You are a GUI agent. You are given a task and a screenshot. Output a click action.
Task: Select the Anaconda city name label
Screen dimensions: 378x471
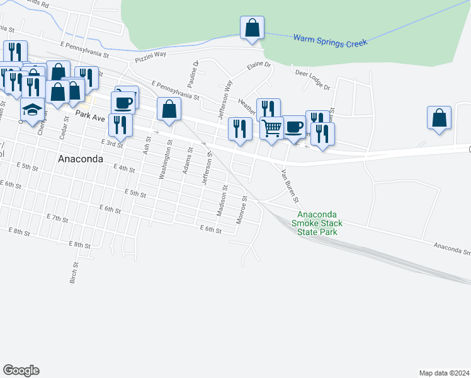point(80,159)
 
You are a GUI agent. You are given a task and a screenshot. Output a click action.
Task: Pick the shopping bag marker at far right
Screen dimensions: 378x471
point(439,118)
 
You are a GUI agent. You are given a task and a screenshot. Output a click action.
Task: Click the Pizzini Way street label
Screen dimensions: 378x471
point(150,57)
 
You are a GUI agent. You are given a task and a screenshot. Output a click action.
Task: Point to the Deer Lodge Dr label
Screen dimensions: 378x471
point(312,80)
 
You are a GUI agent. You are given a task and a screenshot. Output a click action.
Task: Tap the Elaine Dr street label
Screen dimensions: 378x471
point(258,65)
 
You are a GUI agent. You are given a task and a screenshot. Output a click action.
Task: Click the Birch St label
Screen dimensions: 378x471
point(73,272)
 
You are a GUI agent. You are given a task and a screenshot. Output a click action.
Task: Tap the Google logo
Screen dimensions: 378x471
point(21,370)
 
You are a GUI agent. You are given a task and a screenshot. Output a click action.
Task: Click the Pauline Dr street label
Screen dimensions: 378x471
point(193,74)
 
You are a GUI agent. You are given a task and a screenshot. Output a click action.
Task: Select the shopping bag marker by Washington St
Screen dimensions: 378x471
point(169,110)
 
